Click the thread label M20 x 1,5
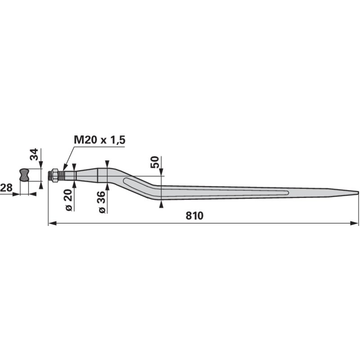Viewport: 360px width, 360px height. tap(99, 140)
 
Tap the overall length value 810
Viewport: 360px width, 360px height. tap(194, 216)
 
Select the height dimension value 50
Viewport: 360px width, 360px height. tap(155, 162)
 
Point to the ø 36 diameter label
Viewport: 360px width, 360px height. tap(102, 202)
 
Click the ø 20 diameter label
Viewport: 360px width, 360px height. tap(69, 200)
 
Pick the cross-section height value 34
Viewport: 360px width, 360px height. tap(34, 154)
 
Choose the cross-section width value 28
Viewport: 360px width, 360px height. tap(6, 188)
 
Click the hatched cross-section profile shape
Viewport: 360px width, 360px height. tap(24, 175)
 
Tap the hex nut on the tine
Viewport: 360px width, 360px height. tap(54, 175)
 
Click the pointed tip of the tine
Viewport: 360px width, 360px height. tap(358, 193)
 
